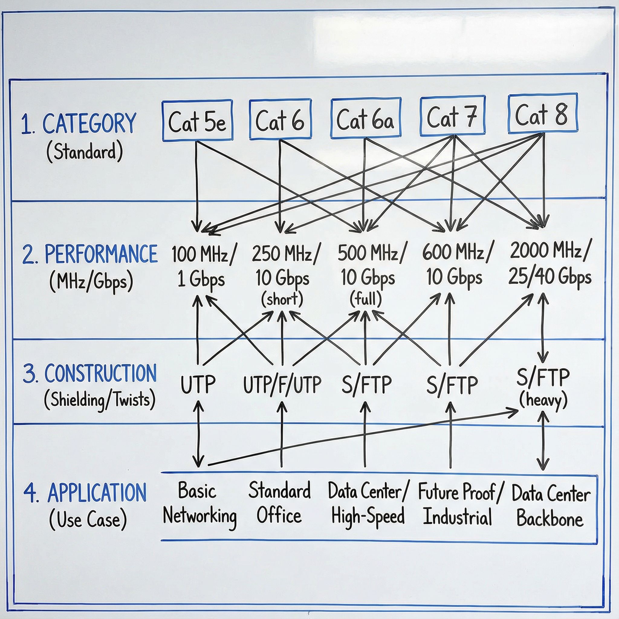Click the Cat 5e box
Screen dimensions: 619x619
point(197,121)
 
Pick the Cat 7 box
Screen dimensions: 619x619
point(452,116)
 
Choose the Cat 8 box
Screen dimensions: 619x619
point(543,113)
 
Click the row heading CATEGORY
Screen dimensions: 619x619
point(89,124)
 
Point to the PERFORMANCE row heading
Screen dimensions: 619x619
point(101,254)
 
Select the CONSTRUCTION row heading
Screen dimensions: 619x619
point(100,374)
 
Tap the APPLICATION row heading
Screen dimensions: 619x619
point(97,493)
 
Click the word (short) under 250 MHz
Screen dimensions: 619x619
point(282,300)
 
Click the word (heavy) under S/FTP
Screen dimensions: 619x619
point(543,400)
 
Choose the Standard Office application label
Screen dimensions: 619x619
point(279,503)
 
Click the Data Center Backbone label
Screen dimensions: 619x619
point(550,506)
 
